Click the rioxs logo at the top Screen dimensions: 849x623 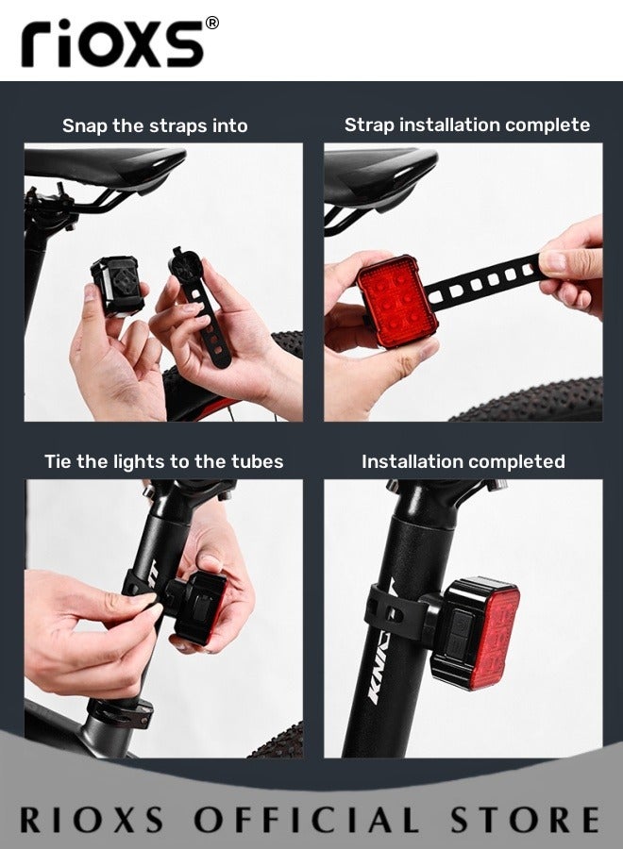[111, 43]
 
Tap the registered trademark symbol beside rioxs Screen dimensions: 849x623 [211, 24]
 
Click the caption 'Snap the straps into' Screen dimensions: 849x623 [155, 125]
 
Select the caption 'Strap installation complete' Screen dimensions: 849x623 [466, 125]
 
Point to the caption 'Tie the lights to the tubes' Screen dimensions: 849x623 [163, 461]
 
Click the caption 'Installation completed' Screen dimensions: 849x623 [463, 461]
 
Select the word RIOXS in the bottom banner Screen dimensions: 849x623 [91, 818]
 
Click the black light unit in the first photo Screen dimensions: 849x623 [119, 285]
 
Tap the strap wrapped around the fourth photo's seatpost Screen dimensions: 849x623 [390, 613]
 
